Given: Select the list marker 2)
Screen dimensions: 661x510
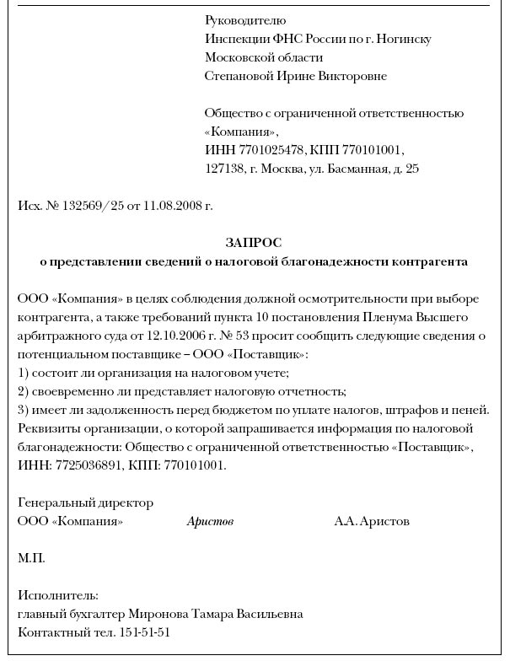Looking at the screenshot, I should click(24, 391).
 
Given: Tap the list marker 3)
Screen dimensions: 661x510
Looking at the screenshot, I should click(24, 410).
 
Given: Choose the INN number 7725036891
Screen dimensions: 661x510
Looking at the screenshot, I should click(83, 465).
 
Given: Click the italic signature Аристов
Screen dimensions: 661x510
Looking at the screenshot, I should click(210, 522).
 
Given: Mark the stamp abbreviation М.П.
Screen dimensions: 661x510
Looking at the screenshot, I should click(31, 558).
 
